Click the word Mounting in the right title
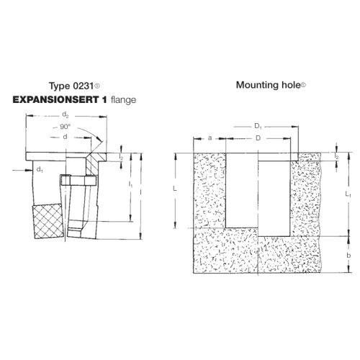point(255,84)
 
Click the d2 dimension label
point(66,114)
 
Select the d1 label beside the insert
point(40,171)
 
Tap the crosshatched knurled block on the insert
point(48,220)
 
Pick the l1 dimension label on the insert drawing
point(130,186)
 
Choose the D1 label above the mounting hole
point(259,127)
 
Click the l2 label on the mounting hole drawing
point(337,156)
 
